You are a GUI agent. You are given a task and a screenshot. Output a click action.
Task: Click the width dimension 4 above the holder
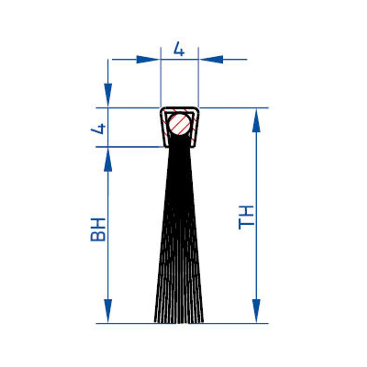(179, 49)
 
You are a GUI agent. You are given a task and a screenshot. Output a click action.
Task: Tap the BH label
(98, 229)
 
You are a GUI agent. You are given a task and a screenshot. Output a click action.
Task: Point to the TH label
(246, 217)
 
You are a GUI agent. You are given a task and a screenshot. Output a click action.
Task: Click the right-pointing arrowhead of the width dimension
(148, 59)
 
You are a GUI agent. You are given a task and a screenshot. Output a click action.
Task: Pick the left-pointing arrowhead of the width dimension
(211, 59)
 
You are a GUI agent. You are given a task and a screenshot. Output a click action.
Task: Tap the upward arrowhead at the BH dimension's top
(108, 160)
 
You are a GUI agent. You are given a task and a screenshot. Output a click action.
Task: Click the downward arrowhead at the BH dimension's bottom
(108, 311)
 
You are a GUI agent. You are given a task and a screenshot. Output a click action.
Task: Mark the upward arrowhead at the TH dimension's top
(257, 121)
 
